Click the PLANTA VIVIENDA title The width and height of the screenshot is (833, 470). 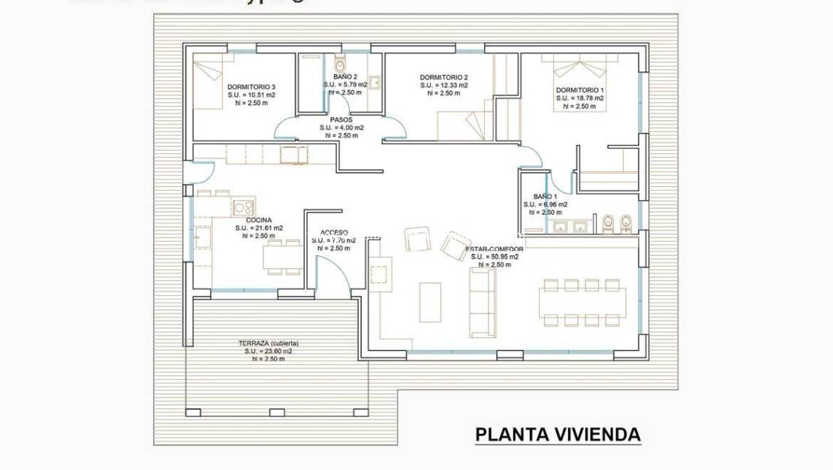pyautogui.click(x=558, y=434)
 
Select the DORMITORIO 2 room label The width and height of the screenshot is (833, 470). pyautogui.click(x=444, y=77)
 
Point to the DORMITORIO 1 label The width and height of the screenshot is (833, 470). pyautogui.click(x=580, y=89)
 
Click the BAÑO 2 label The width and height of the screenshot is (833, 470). pyautogui.click(x=344, y=77)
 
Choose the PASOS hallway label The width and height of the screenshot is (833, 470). pyautogui.click(x=341, y=119)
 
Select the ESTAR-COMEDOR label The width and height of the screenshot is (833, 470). pyautogui.click(x=495, y=248)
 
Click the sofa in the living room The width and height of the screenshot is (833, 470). pyautogui.click(x=482, y=302)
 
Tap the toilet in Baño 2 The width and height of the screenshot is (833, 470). pyautogui.click(x=338, y=62)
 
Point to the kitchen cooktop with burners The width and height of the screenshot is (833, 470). pyautogui.click(x=242, y=206)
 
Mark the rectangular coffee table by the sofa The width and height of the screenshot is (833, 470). pyautogui.click(x=430, y=302)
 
